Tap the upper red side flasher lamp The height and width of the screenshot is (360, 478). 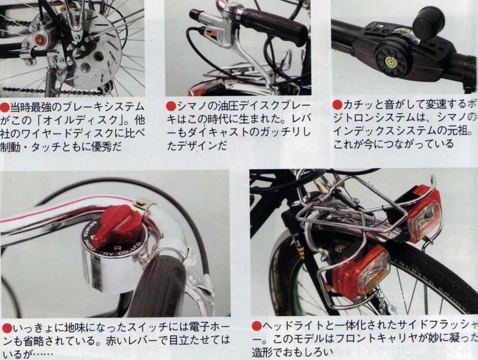(426, 213)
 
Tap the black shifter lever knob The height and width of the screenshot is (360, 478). (428, 22)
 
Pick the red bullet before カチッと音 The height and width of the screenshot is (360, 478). (338, 104)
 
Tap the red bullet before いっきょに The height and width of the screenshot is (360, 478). (5, 328)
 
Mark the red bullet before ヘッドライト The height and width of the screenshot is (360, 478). (256, 326)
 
